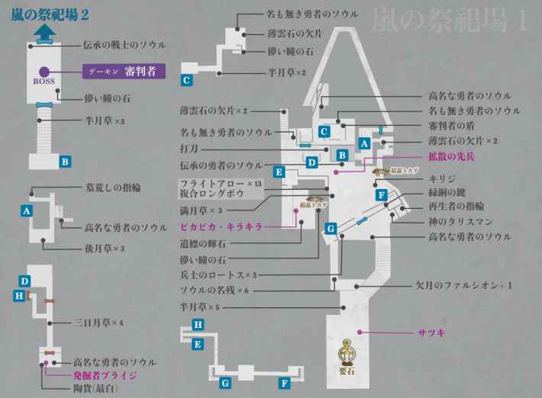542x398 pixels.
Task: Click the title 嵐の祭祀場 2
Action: (52, 14)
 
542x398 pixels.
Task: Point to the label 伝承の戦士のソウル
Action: (128, 44)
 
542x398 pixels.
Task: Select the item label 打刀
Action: (189, 148)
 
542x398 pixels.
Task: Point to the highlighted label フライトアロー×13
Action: (221, 185)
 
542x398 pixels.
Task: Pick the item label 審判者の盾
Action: (457, 125)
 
